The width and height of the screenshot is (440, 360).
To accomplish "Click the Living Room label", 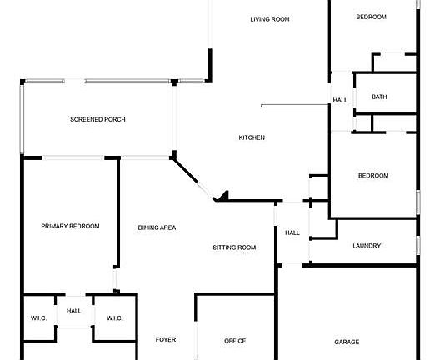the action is (x=270, y=19).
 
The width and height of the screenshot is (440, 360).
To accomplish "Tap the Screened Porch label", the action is (x=97, y=119).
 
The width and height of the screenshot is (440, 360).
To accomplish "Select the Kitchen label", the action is (x=252, y=137).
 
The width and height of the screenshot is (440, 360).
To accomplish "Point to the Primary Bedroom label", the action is (x=70, y=226).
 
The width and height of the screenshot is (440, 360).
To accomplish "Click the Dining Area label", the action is (x=157, y=227).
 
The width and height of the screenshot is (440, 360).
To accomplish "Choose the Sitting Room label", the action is (x=234, y=247).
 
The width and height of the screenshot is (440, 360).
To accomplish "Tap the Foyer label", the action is (x=166, y=339).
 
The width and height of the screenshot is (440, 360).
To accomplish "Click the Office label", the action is (x=235, y=341).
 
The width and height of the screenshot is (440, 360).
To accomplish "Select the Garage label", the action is (x=347, y=342).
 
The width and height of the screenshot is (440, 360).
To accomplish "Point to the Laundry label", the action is (x=367, y=246).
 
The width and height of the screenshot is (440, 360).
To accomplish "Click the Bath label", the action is (x=379, y=97).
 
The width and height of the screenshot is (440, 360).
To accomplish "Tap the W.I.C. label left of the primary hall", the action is (x=38, y=317).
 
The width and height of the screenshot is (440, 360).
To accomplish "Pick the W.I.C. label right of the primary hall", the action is (x=114, y=317).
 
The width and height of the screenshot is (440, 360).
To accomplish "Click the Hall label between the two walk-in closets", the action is (x=74, y=311).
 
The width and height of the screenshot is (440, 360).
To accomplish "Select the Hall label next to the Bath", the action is (x=340, y=100).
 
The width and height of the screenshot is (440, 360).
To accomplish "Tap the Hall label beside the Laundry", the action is (x=292, y=232).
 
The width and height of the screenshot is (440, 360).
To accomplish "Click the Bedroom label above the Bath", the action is (x=372, y=17).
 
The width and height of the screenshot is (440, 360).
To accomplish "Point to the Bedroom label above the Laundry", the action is (x=373, y=176).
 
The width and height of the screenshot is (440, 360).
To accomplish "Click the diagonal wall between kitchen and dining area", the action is (x=185, y=171).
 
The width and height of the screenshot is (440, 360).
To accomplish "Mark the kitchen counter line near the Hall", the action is (x=295, y=106).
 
